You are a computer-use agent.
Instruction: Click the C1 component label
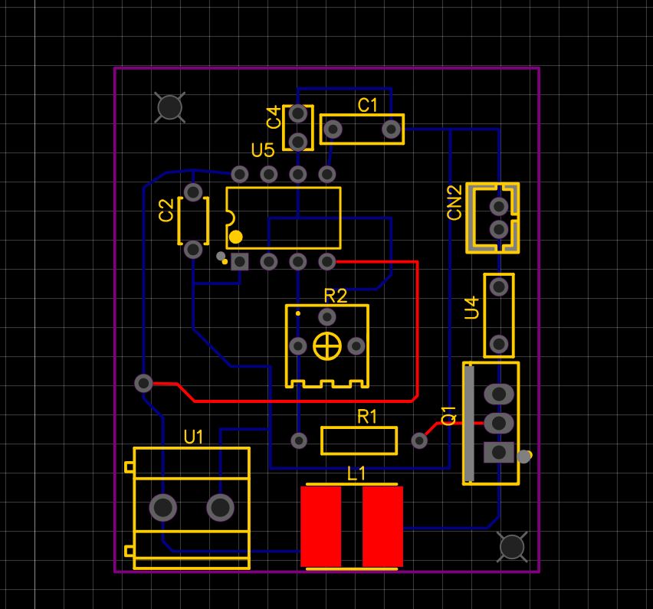(x=369, y=106)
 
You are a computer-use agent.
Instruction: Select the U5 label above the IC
(x=263, y=149)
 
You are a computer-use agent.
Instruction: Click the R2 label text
(x=335, y=296)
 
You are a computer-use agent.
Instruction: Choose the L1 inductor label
(x=356, y=474)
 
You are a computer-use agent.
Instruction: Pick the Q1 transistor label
(x=449, y=415)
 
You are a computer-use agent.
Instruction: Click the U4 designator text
(x=472, y=308)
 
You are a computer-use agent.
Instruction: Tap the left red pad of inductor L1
(x=320, y=527)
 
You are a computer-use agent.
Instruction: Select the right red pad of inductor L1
(x=382, y=527)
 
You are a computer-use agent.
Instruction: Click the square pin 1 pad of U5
(x=240, y=262)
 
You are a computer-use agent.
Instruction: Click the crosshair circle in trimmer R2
(x=327, y=346)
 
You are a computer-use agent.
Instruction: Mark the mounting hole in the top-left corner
(x=169, y=107)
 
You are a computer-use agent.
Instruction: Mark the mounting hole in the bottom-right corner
(x=511, y=546)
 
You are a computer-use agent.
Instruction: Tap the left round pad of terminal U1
(x=162, y=506)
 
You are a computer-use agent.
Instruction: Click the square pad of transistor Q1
(x=499, y=452)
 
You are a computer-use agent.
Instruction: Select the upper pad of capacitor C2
(x=193, y=192)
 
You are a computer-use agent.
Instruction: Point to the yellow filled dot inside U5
(x=236, y=237)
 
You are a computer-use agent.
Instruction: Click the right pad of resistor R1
(x=419, y=440)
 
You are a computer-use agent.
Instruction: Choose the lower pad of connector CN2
(x=499, y=229)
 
